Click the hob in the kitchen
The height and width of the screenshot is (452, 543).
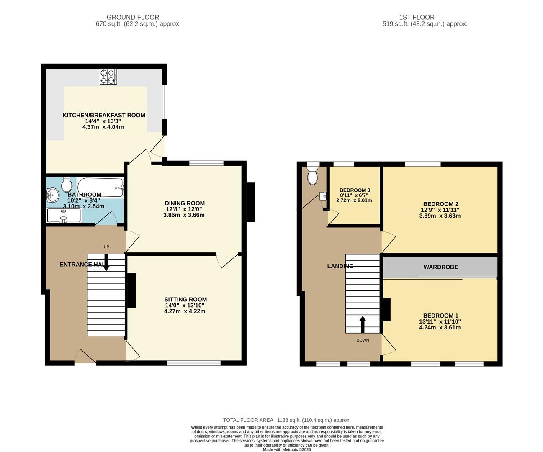click(108, 77)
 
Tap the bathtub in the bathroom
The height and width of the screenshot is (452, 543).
click(100, 187)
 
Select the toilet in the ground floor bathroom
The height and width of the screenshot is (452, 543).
click(67, 184)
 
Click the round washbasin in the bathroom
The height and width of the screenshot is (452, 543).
click(53, 194)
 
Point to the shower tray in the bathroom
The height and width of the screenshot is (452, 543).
click(64, 216)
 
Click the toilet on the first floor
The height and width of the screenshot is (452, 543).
click(312, 175)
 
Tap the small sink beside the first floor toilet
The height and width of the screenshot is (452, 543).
click(322, 196)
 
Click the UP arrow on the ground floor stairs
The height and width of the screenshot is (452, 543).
click(106, 264)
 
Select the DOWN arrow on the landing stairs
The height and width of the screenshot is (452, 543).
click(363, 324)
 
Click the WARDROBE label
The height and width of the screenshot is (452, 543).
click(440, 267)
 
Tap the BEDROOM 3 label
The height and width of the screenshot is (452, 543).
click(355, 190)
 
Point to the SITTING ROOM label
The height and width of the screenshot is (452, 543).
click(185, 299)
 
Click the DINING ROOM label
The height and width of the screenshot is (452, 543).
click(185, 203)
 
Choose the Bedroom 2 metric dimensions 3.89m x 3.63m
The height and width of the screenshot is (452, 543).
click(440, 216)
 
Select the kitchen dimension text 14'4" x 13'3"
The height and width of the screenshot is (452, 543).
click(103, 121)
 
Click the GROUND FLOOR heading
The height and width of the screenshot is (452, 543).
click(133, 17)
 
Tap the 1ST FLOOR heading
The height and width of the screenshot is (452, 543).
click(417, 17)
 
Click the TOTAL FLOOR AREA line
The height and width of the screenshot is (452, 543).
click(287, 420)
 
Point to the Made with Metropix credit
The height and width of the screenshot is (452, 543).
click(287, 449)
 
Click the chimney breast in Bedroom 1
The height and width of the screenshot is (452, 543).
click(386, 309)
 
